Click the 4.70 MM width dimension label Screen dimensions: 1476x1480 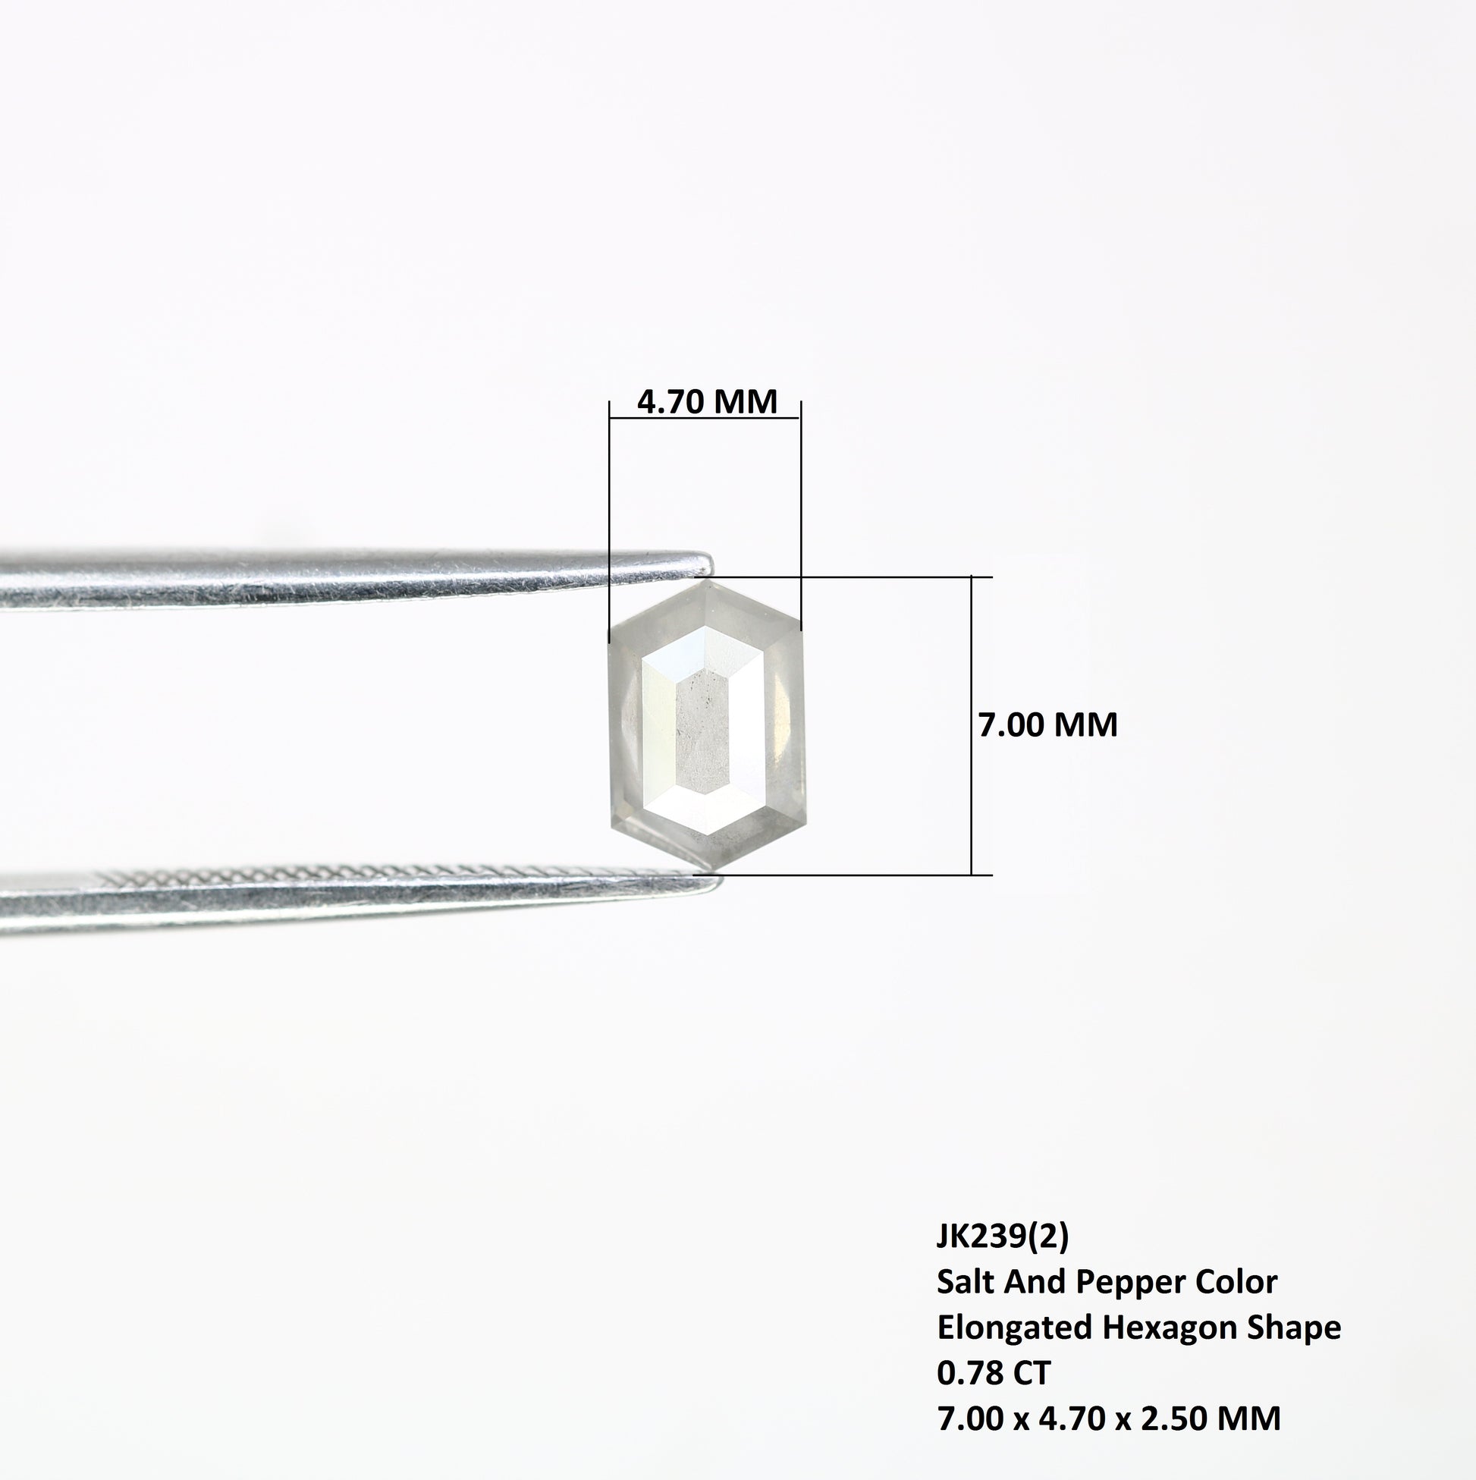pos(707,402)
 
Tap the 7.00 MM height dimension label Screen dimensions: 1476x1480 pos(1047,724)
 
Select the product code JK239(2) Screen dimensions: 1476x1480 pos(1002,1257)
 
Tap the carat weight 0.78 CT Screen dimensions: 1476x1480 pos(994,1395)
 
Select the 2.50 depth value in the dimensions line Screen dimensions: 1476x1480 pos(1171,1441)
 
